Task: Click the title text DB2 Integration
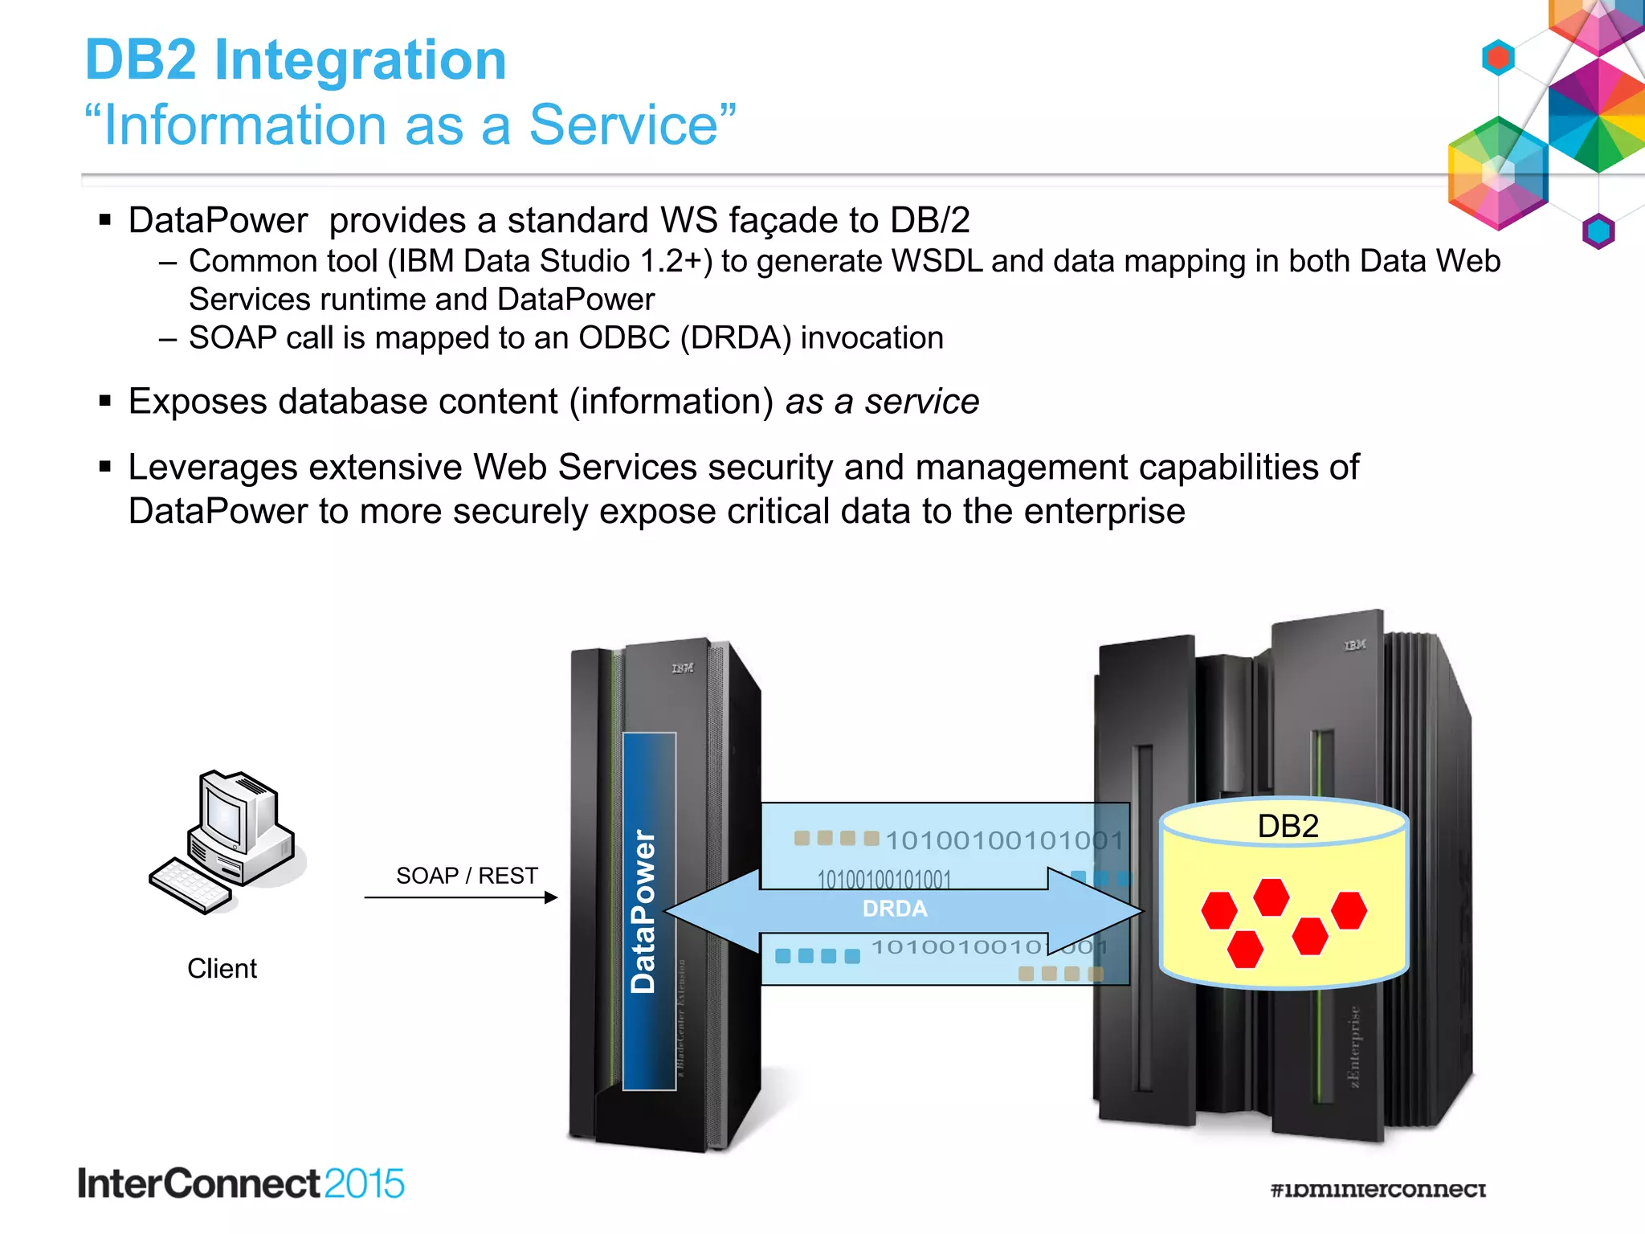(x=296, y=60)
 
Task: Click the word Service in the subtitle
(x=623, y=126)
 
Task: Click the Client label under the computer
(x=222, y=969)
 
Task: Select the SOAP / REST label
(x=467, y=876)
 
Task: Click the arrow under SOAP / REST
(x=460, y=897)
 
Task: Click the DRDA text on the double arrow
(x=895, y=909)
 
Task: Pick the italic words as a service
(x=882, y=402)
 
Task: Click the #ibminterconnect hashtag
(x=1378, y=1189)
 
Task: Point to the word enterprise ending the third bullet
(x=1104, y=512)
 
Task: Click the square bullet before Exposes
(x=104, y=401)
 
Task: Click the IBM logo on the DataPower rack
(x=683, y=668)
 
